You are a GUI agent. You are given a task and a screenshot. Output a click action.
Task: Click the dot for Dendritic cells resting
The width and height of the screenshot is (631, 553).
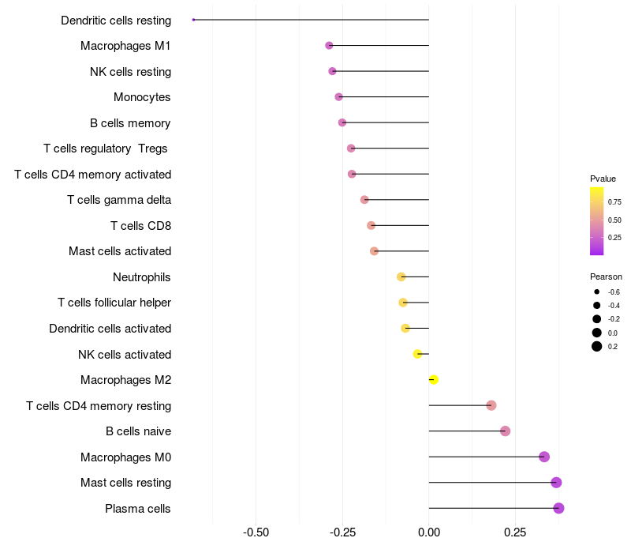pos(193,20)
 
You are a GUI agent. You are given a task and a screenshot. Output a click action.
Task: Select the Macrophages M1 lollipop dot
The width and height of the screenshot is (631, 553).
pos(329,46)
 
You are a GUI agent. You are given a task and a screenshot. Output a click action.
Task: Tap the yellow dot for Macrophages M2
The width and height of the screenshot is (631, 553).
pos(433,380)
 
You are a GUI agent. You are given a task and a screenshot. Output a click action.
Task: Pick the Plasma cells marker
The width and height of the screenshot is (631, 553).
pos(558,508)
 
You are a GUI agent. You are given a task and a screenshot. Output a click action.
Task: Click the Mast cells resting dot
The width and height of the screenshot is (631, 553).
pos(556,483)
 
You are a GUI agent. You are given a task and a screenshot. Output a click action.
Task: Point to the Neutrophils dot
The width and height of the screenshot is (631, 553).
pos(401,277)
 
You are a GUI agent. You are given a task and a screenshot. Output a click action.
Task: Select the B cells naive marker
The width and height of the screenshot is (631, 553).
pos(506,431)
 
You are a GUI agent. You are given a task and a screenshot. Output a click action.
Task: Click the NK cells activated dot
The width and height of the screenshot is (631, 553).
pos(418,354)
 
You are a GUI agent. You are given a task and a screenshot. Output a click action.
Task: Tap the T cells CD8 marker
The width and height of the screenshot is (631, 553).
pos(371,225)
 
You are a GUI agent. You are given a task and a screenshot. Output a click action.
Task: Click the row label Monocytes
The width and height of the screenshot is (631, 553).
pos(142,97)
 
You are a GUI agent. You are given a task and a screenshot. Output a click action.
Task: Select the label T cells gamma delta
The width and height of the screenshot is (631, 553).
pos(119,200)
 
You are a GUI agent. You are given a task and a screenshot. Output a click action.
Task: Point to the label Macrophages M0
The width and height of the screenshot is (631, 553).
pos(126,457)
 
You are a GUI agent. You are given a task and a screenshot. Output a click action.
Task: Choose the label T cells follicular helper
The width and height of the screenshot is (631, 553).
pos(114,303)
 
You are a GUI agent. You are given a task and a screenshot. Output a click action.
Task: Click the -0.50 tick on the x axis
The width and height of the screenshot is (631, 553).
pos(256,532)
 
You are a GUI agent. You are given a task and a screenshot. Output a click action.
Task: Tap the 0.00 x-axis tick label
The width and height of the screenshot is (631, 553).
pos(429,532)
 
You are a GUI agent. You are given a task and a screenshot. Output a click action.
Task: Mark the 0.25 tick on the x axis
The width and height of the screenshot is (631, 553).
pos(515,532)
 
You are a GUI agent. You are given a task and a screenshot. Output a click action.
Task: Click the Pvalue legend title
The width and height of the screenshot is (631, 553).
pos(603,179)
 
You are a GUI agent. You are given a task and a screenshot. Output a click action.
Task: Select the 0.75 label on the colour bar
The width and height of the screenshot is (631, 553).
pos(614,202)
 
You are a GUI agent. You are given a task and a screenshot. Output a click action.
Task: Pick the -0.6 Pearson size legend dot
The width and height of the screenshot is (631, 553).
pos(597,292)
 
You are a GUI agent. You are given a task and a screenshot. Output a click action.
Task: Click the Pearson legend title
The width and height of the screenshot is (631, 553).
pos(606,277)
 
